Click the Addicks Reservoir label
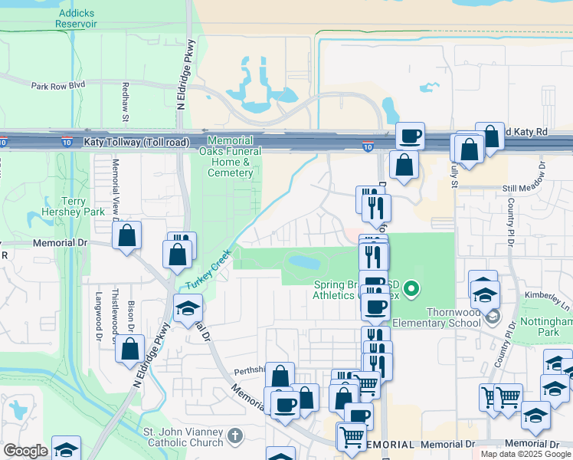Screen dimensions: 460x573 click(76, 18)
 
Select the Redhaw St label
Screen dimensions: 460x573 click(125, 103)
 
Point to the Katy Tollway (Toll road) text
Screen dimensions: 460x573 click(136, 142)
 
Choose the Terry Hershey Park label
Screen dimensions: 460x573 click(74, 206)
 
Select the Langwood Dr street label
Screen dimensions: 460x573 click(99, 316)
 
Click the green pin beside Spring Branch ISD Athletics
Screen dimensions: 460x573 click(412, 289)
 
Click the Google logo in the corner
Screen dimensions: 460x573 click(25, 450)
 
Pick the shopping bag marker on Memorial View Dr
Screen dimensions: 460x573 click(127, 236)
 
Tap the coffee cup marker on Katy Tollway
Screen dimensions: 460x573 click(410, 136)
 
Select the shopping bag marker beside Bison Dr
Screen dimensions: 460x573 click(129, 349)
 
